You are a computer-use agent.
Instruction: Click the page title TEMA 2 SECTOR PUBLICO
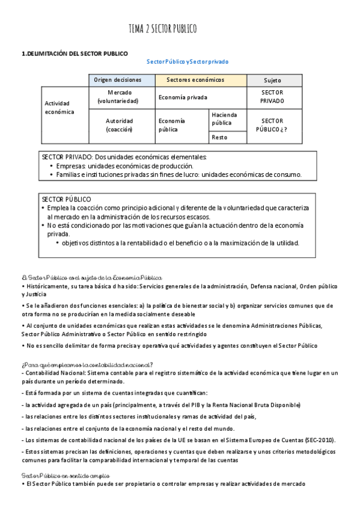point(162,29)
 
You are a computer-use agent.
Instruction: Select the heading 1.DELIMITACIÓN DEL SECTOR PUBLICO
point(75,54)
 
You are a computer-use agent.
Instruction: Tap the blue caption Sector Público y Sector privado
point(188,62)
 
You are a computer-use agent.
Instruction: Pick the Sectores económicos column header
point(200,80)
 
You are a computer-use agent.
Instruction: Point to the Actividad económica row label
point(59,108)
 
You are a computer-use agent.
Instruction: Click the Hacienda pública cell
point(224,118)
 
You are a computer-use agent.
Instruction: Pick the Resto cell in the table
point(219,138)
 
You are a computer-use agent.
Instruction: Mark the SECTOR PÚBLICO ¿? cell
point(272,125)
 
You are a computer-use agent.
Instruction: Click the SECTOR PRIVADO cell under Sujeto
point(272,97)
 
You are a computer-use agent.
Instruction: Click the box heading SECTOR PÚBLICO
point(66,199)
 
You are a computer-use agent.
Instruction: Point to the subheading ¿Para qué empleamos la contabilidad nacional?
point(87,364)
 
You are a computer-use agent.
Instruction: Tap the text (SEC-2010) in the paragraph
point(320,440)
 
